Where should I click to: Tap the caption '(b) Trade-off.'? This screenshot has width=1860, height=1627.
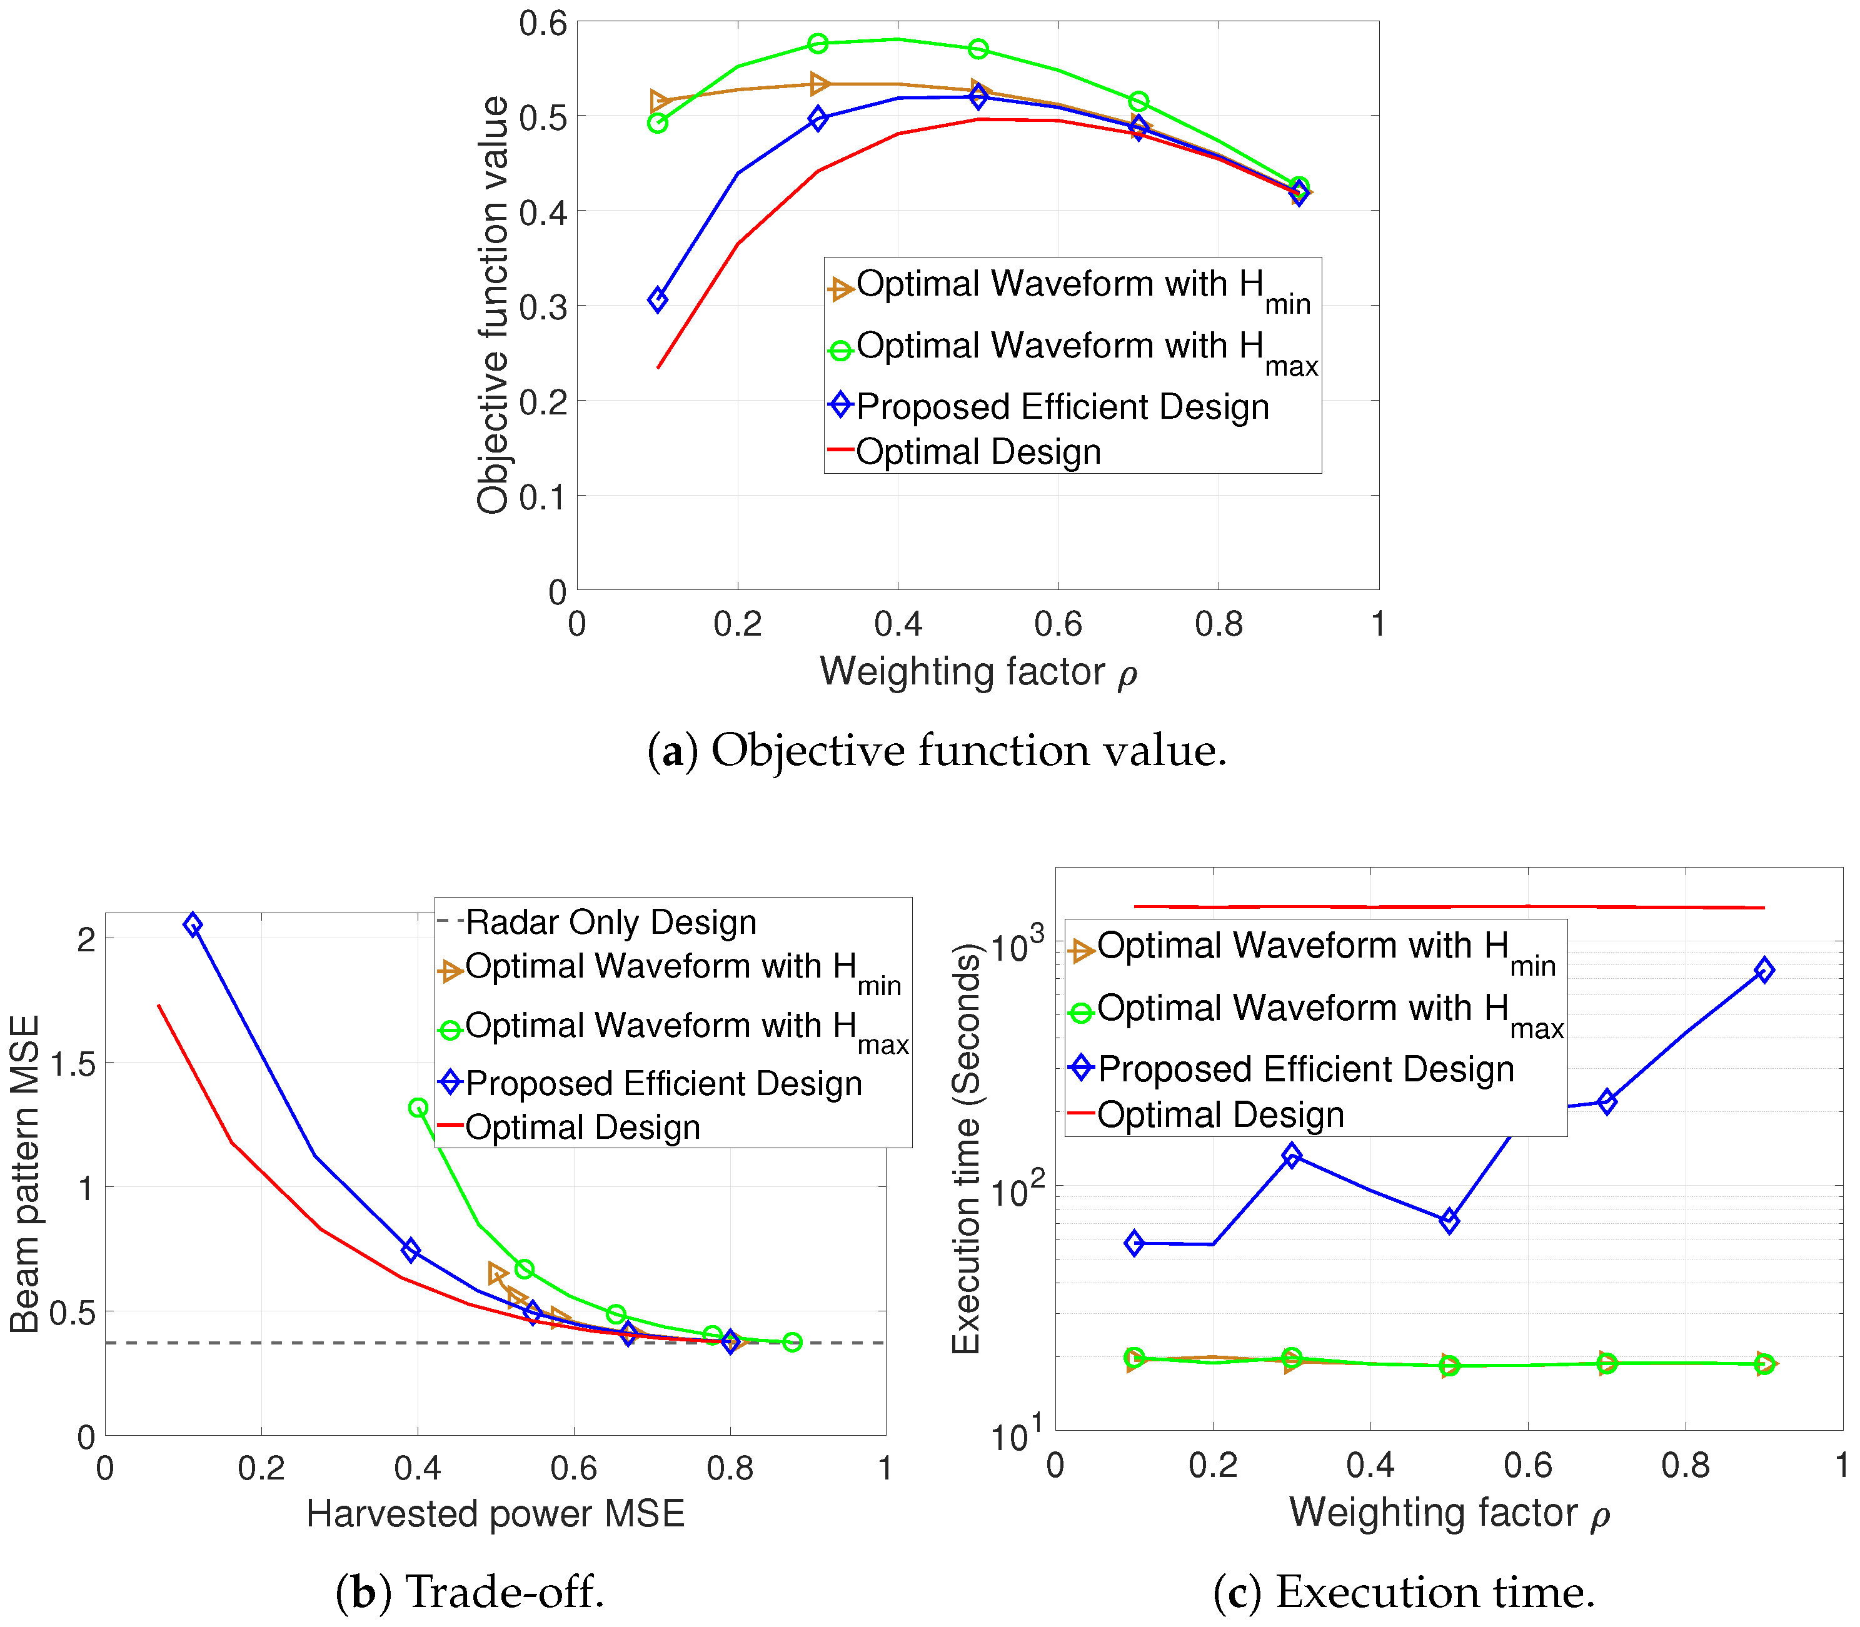(470, 1591)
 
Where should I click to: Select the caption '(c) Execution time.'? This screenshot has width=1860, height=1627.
(1404, 1591)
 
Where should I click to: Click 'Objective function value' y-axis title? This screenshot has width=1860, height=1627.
(493, 305)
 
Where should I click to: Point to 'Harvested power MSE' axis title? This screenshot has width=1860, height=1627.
(495, 1513)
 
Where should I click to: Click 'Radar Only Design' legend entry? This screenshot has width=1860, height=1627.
(610, 923)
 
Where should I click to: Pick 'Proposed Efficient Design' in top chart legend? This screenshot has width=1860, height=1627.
(1062, 407)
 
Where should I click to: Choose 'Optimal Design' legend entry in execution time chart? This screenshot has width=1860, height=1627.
(1220, 1115)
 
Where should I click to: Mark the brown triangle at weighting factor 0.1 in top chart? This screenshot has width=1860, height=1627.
(660, 101)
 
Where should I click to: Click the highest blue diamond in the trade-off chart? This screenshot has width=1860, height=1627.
(193, 925)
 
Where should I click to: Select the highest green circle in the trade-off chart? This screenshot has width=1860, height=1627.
(418, 1108)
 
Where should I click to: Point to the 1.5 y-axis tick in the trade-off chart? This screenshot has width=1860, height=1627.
(73, 1064)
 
